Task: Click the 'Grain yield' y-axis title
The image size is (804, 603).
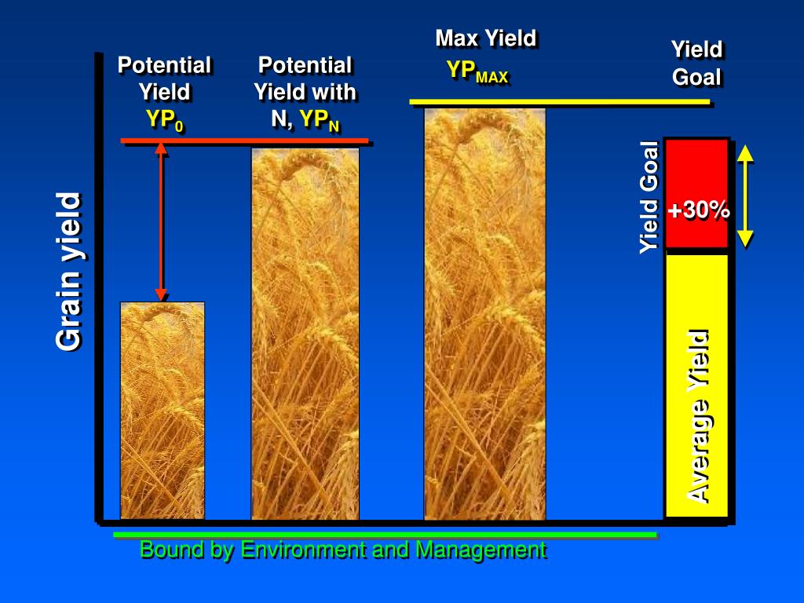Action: pos(69,272)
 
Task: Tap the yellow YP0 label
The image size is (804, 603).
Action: pos(164,120)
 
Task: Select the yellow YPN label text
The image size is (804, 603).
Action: pos(320,120)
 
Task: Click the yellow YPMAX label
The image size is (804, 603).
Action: pos(477,71)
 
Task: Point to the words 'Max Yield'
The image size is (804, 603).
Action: pos(485,38)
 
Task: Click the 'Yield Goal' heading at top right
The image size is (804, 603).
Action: pos(696,64)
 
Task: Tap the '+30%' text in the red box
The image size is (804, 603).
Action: pos(698,210)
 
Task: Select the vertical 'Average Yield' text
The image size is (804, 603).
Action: pos(698,415)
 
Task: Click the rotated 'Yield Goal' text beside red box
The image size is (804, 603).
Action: pos(649,197)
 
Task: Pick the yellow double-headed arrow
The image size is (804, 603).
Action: pos(745,196)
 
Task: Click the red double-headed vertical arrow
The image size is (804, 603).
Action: pos(161,221)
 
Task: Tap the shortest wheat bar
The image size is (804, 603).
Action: pos(162,410)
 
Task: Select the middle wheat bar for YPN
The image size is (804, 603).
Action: pos(305,334)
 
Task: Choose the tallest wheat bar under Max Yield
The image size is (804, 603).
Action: pos(484,314)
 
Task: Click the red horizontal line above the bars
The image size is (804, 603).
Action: pos(244,141)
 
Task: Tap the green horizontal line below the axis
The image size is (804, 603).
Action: pos(385,535)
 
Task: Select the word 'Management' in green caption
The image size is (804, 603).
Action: pos(481,550)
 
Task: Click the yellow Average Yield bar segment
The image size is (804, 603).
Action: pos(696,385)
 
